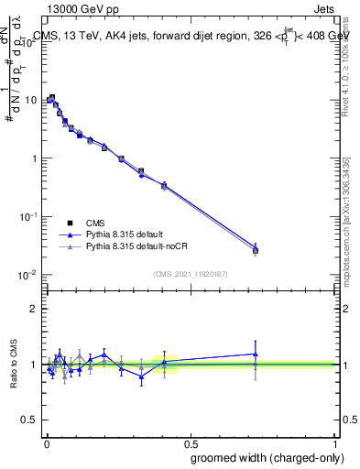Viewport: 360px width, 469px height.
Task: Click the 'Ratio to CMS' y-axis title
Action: [x=14, y=365]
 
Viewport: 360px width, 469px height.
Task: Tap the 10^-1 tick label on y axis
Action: [x=28, y=216]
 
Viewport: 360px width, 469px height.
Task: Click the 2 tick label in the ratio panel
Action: [x=34, y=309]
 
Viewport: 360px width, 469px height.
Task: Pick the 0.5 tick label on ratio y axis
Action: [x=30, y=420]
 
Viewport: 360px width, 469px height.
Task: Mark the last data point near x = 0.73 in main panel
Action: [x=256, y=250]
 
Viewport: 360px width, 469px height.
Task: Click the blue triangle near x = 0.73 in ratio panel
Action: [x=256, y=354]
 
